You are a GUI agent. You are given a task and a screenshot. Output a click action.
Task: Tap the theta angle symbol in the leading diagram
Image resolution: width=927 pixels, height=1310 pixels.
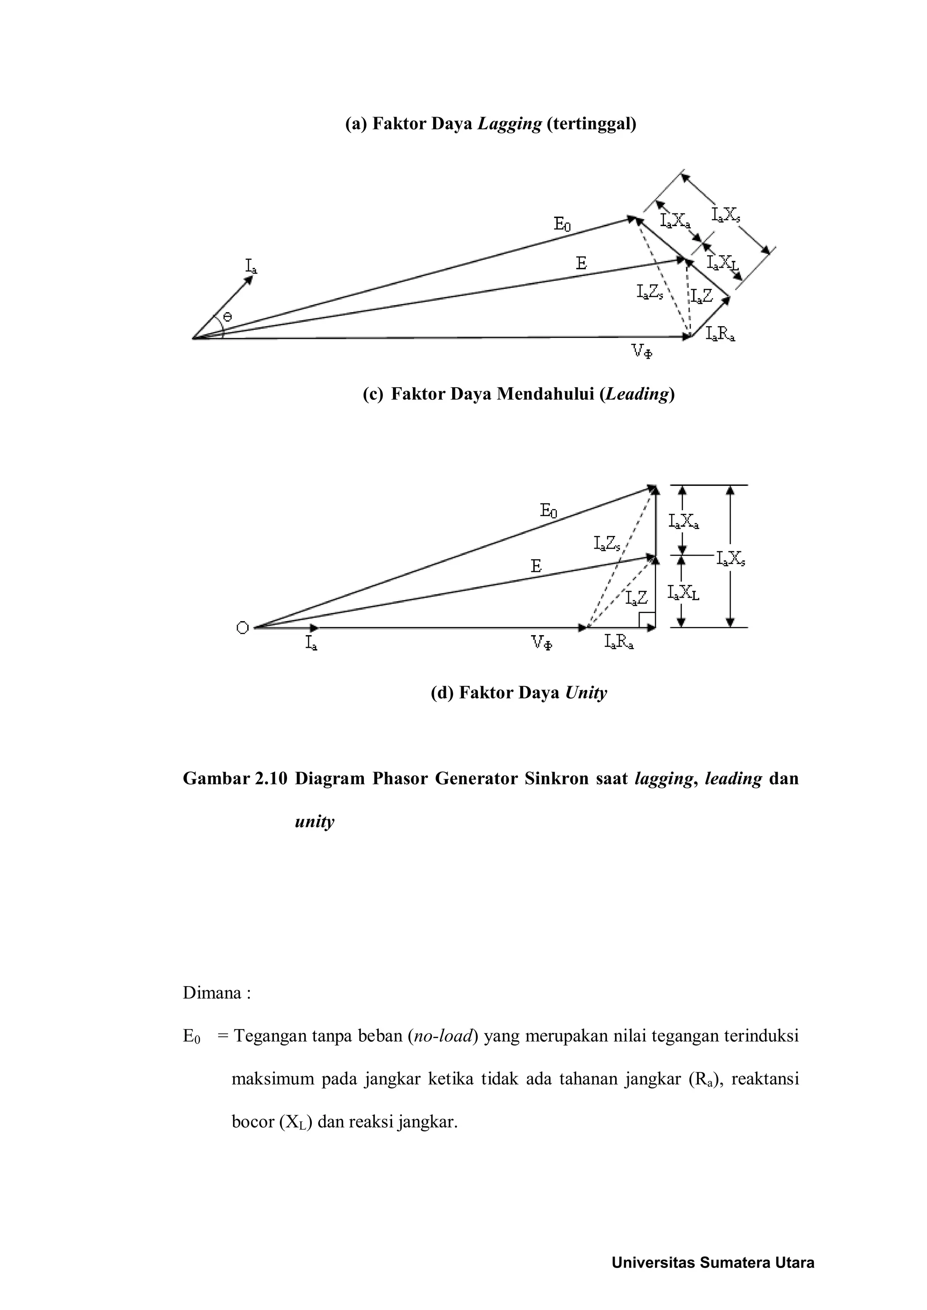point(227,317)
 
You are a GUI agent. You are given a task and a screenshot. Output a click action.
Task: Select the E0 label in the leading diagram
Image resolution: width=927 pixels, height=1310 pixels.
point(562,224)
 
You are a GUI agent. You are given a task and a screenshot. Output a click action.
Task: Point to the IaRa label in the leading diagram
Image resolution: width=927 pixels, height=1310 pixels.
point(720,334)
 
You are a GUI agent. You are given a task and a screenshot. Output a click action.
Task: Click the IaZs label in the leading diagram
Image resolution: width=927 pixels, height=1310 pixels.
point(649,293)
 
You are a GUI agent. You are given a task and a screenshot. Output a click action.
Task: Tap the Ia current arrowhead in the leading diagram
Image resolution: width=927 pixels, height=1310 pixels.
point(249,280)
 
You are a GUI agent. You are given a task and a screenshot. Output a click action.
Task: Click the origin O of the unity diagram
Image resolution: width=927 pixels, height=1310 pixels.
point(243,628)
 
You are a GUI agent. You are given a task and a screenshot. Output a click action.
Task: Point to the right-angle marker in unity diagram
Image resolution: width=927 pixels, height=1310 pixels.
point(647,620)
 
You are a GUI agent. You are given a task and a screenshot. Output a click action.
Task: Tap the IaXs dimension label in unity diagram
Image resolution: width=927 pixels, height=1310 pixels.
point(731,560)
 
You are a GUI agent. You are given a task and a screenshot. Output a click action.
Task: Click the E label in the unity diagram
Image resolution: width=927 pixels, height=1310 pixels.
point(535,566)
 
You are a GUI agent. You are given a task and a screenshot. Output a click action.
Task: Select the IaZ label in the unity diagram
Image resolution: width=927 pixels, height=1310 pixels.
point(636,598)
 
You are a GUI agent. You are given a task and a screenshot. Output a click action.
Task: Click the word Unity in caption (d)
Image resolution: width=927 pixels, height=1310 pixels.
point(586,693)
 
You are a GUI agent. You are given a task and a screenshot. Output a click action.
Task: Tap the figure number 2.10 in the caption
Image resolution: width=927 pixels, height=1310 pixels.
point(269,779)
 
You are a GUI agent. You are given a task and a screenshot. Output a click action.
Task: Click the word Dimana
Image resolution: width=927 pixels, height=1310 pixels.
point(212,993)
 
